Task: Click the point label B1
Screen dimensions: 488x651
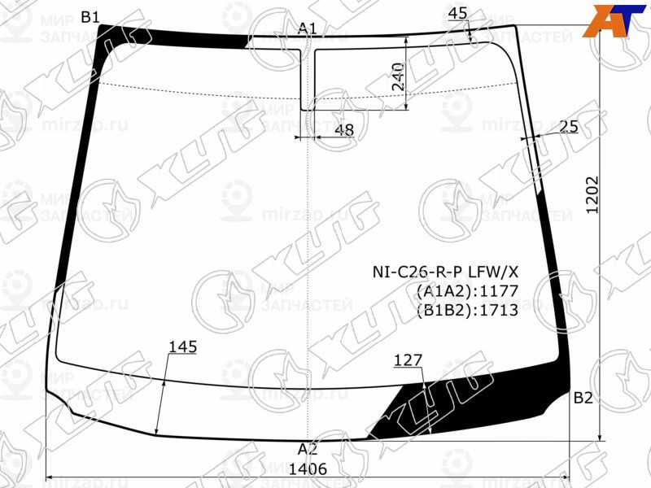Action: pos(90,17)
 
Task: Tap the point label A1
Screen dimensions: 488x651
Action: pos(307,28)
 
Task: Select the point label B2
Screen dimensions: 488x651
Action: pos(583,398)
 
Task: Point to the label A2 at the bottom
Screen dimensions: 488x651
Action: pos(307,449)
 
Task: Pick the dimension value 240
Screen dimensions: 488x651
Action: pos(398,77)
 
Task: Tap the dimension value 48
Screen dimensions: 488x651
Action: pos(344,129)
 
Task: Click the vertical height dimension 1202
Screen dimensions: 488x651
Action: pos(592,195)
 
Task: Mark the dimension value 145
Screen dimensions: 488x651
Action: pos(183,347)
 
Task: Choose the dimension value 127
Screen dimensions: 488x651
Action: pos(408,360)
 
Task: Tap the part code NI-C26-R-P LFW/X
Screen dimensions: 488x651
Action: pos(446,272)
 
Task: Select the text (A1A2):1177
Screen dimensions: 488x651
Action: pos(467,291)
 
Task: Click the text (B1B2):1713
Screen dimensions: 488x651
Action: pos(467,310)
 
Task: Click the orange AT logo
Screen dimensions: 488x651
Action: pos(611,20)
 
